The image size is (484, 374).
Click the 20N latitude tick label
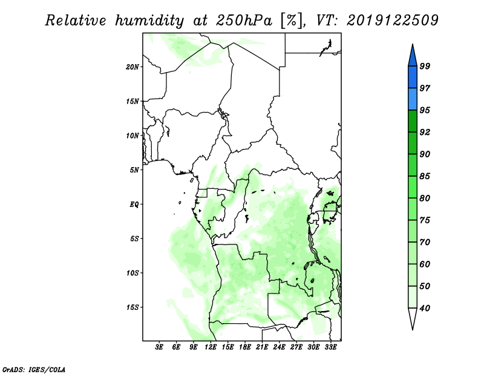132,67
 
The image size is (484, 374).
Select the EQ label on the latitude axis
134,205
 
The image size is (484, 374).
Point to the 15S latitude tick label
132,307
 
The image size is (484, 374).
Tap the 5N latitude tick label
134,170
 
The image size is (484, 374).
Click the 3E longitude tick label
159,347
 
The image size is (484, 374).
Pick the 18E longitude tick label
245,347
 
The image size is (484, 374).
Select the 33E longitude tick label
330,347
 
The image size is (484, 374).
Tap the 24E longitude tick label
279,347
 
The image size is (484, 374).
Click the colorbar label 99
425,66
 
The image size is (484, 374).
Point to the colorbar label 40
425,308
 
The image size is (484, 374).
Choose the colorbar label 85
425,176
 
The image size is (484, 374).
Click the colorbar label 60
425,264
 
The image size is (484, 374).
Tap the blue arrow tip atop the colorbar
413,44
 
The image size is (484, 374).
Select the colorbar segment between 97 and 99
413,77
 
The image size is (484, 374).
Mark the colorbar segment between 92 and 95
413,121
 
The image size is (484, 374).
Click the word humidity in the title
149,21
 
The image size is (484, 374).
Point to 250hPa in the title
244,21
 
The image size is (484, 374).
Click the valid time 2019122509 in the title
392,21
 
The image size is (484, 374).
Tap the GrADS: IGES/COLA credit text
34,369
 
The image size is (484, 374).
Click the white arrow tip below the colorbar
413,329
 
